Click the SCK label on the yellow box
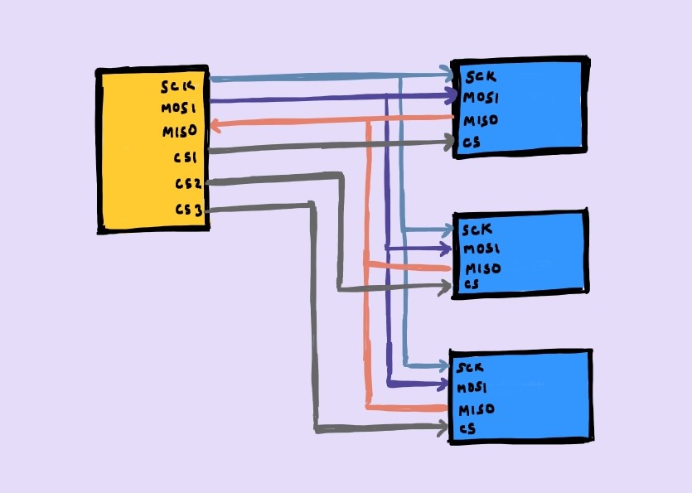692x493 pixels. tap(178, 85)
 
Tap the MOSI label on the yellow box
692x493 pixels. tap(177, 108)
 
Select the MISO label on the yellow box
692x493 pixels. tap(177, 132)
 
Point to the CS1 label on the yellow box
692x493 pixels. tap(183, 157)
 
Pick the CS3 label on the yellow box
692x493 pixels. tap(188, 210)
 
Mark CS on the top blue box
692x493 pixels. tap(472, 142)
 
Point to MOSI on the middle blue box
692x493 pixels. tap(480, 249)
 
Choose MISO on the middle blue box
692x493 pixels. tap(482, 268)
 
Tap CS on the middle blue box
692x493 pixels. tap(471, 286)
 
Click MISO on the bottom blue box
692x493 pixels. tap(477, 409)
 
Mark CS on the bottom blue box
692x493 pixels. tap(467, 429)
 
